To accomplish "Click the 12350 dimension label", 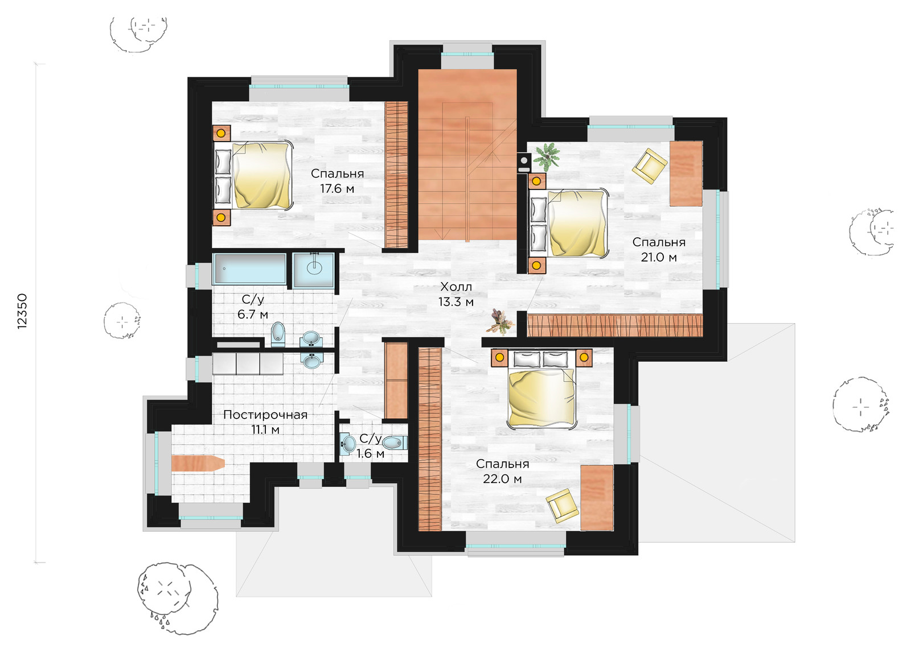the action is (x=22, y=311).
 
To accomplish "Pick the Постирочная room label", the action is (x=265, y=415).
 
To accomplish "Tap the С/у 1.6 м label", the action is (x=370, y=446).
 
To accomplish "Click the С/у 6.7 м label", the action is (x=253, y=307).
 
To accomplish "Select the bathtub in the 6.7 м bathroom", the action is (x=249, y=268).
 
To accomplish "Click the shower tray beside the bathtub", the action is (x=314, y=270).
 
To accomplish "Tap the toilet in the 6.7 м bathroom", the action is (x=278, y=334).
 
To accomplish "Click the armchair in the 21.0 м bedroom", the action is (x=650, y=166).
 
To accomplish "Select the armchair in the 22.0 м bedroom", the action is (x=563, y=506).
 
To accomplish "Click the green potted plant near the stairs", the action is (x=547, y=156).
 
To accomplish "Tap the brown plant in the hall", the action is (x=501, y=322).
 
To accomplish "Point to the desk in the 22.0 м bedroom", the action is (x=597, y=498).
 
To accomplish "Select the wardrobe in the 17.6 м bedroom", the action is (x=396, y=174).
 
